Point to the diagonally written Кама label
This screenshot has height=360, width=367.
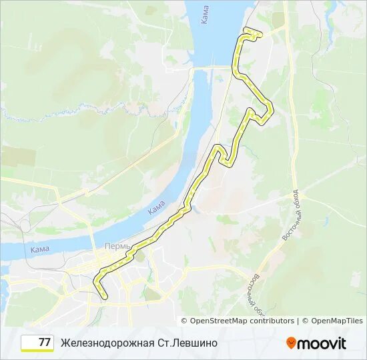156,208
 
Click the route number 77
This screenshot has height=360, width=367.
45,343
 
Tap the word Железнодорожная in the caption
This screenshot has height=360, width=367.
107,343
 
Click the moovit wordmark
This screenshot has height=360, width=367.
322,343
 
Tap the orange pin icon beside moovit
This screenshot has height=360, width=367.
291,343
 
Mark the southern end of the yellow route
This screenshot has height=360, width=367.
105,298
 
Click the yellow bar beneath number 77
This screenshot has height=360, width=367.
37,351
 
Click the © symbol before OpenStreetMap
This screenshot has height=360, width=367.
183,321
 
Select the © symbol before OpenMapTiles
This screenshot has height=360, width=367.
305,321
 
